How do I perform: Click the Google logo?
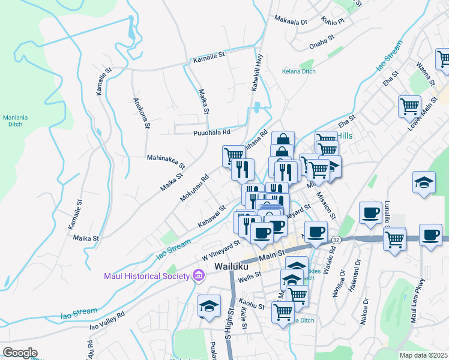pos(20,353)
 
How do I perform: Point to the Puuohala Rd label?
pos(211,133)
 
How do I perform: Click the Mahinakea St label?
pos(166,159)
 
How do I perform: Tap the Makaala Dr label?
pos(291,20)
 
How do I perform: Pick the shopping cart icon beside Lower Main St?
pos(409,106)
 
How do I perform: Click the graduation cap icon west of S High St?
pos(209,306)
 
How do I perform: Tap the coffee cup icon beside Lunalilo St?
pos(370,212)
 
